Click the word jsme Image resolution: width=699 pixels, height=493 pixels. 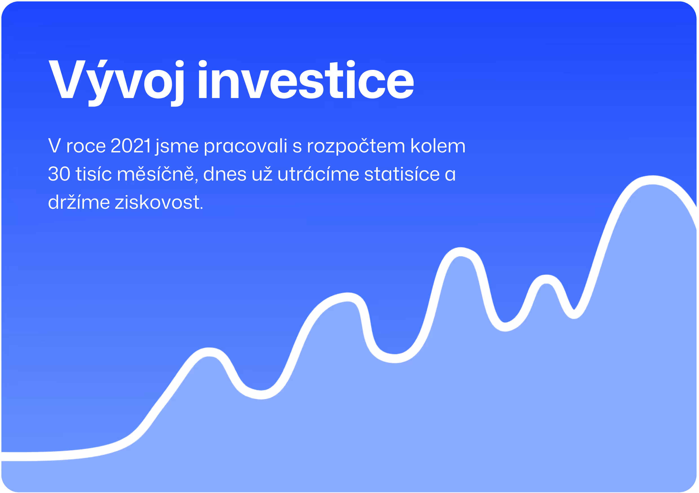[177, 147]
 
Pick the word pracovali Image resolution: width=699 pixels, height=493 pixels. [245, 147]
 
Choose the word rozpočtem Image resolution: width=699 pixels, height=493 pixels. [356, 147]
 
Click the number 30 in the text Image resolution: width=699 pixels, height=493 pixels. [59, 174]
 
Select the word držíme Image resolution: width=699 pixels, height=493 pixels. [79, 202]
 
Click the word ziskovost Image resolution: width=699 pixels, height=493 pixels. [159, 202]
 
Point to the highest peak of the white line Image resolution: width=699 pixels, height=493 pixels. [653, 181]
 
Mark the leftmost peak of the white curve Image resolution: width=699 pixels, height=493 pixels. [209, 352]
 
